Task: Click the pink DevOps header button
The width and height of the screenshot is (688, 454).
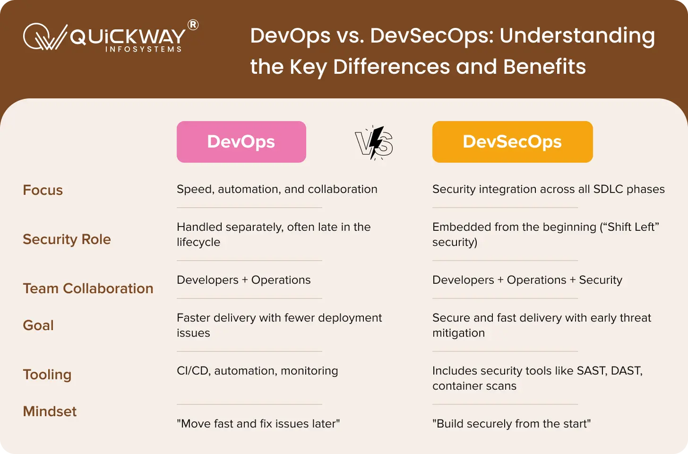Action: point(241,142)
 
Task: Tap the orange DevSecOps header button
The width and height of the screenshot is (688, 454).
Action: point(512,142)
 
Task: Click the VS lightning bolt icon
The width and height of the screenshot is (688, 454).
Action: point(374,143)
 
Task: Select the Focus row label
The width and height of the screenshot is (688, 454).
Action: point(43,190)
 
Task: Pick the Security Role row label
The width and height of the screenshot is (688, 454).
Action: point(67,239)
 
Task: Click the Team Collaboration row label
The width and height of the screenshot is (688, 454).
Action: point(88,288)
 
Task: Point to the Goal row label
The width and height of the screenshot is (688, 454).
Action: point(38,325)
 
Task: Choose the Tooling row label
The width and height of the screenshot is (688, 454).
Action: point(47,375)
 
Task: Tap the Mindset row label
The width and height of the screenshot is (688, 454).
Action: point(50,411)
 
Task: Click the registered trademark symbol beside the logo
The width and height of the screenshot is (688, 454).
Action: point(193,25)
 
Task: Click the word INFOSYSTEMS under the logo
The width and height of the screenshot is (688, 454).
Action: point(144,49)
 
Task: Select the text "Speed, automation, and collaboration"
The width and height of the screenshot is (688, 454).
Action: point(277,189)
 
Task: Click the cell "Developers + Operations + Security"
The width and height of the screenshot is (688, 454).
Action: point(527,280)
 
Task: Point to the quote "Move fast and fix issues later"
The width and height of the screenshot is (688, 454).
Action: point(258,424)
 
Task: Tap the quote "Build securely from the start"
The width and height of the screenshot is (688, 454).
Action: point(511,424)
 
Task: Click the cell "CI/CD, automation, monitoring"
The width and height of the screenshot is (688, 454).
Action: point(257,371)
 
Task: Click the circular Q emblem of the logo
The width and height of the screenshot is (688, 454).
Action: point(37,36)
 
